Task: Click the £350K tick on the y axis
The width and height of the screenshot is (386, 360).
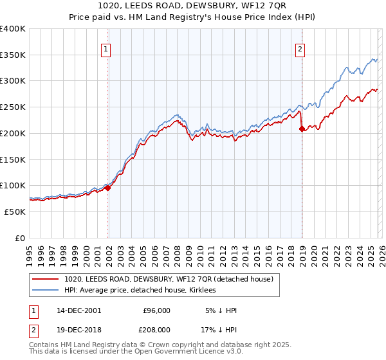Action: click(12, 55)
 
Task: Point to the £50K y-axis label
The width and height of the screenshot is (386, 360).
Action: click(15, 212)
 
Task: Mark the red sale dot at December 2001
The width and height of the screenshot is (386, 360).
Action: click(108, 188)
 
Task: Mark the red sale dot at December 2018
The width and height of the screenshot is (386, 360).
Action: click(302, 129)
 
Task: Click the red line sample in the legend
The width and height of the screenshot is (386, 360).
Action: click(46, 279)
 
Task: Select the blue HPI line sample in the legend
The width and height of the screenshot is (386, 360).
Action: click(46, 290)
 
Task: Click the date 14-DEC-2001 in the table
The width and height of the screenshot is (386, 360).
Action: click(78, 310)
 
